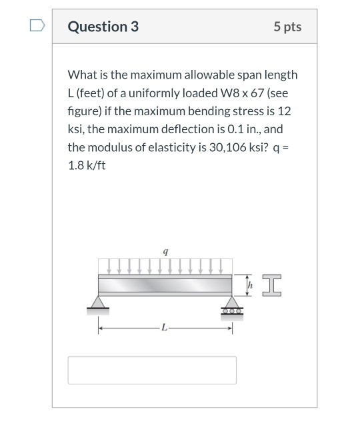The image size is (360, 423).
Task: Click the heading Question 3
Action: [x=103, y=27]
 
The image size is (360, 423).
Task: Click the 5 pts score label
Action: [x=287, y=27]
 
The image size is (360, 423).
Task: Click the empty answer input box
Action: [x=152, y=370]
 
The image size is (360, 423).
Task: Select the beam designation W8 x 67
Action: [x=247, y=93]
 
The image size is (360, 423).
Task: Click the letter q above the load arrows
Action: [x=165, y=251]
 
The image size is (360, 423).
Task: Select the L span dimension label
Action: [x=165, y=328]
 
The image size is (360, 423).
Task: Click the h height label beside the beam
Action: [x=250, y=286]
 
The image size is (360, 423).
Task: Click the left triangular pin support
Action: [x=98, y=303]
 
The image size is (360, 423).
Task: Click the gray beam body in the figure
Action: [x=165, y=286]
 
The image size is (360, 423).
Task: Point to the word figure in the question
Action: [x=83, y=111]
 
